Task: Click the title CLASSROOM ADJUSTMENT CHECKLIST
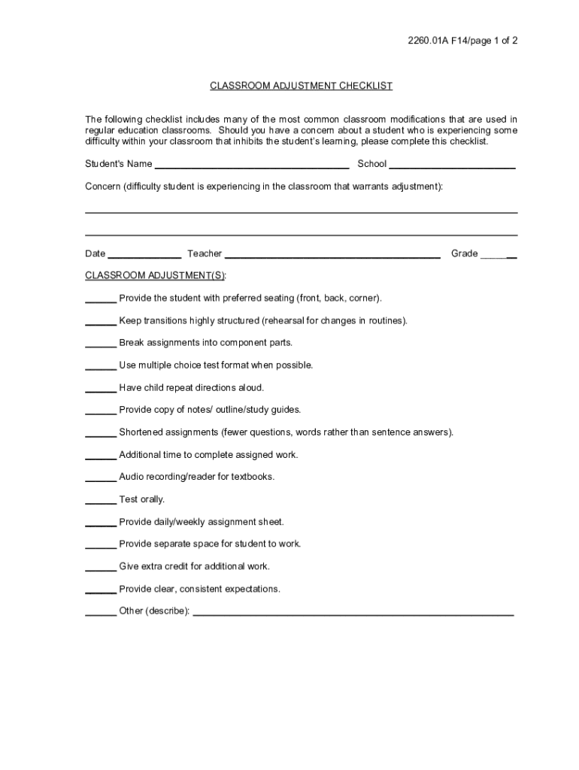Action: (301, 86)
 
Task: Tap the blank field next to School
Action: (452, 165)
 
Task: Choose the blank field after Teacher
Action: (332, 254)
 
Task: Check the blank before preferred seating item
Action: (100, 299)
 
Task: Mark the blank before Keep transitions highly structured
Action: (100, 321)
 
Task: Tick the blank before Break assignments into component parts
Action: (100, 343)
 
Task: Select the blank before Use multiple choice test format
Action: (100, 365)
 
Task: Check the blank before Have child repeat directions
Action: (100, 388)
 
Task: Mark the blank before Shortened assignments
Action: (100, 433)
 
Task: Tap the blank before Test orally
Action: (100, 500)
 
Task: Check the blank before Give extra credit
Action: (100, 567)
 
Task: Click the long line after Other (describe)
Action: (353, 612)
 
